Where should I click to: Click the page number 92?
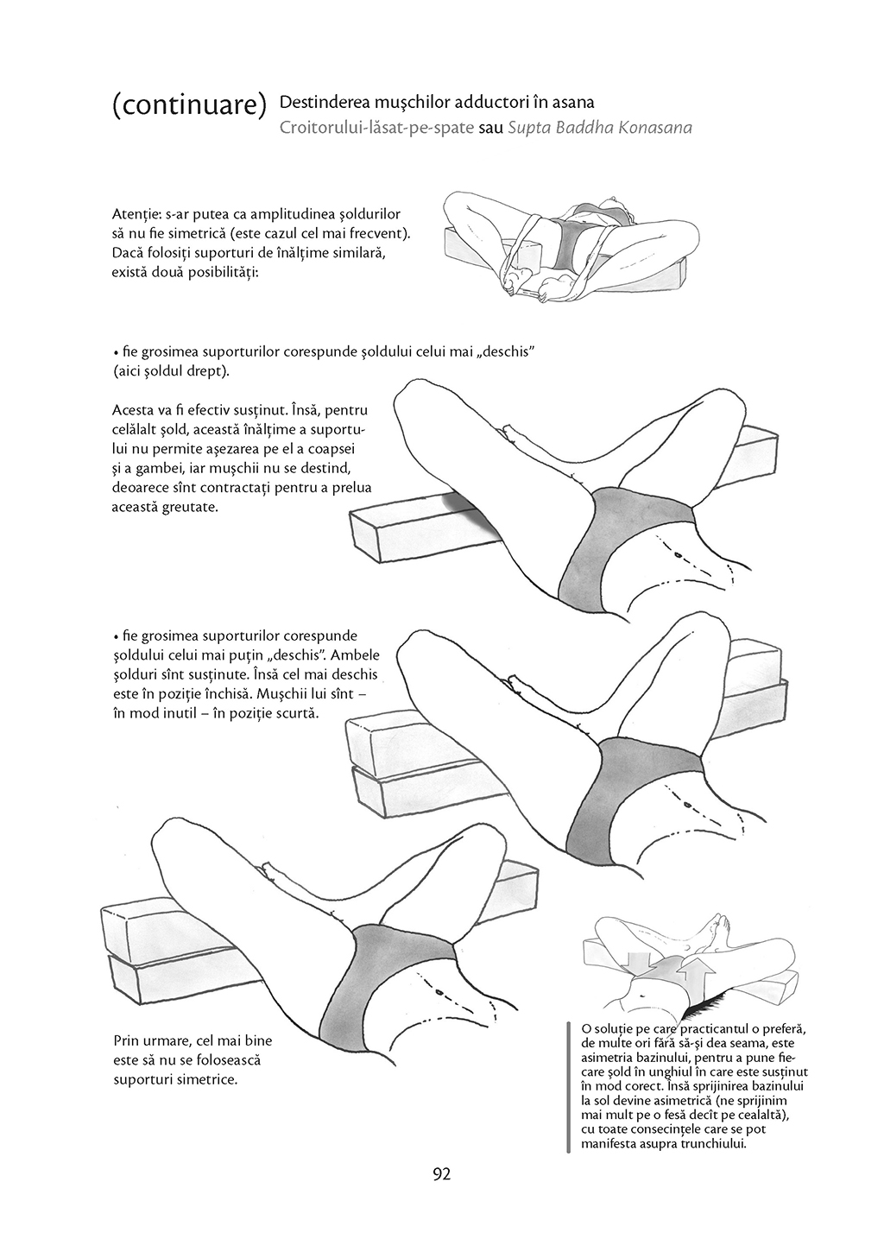(442, 1173)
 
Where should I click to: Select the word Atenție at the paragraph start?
(135, 213)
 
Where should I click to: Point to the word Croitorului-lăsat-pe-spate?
(376, 128)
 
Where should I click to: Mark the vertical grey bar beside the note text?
(568, 1087)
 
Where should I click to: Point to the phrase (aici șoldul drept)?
(171, 370)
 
